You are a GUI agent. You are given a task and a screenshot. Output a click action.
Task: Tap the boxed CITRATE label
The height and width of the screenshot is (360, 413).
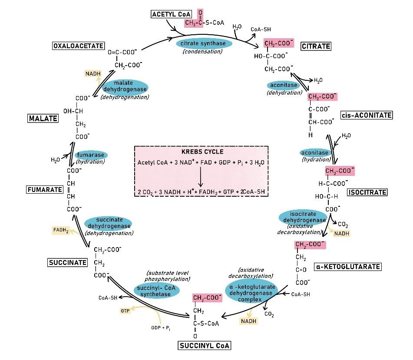coord(316,46)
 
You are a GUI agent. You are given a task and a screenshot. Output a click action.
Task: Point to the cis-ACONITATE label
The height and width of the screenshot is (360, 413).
coord(367,115)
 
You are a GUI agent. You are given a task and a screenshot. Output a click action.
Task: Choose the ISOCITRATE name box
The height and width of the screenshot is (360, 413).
coord(367,192)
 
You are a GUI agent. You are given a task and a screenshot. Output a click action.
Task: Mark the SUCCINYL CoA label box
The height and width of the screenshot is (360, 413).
coord(204,346)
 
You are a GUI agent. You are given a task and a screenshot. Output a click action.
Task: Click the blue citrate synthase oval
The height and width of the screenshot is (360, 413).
coord(204,44)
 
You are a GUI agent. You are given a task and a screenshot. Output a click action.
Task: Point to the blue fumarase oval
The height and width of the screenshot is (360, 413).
coord(91,155)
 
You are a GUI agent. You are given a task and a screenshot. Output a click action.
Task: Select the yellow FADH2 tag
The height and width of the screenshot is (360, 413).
coord(61,230)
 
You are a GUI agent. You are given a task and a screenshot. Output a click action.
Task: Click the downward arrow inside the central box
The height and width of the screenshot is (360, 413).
coord(201,177)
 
